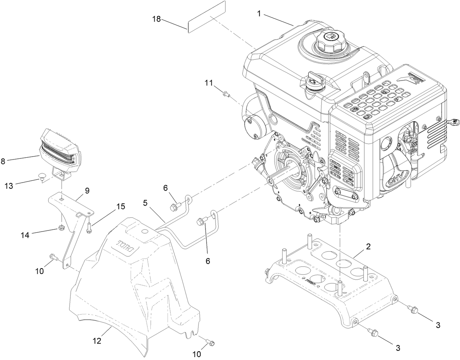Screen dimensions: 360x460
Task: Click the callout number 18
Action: coord(157,19)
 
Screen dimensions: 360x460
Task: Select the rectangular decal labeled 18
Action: coord(207,17)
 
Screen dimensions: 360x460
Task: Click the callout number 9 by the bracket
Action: coord(87,191)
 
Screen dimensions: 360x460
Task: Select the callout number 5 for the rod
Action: coord(145,202)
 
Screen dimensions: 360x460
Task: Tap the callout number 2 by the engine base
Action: coord(369,246)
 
